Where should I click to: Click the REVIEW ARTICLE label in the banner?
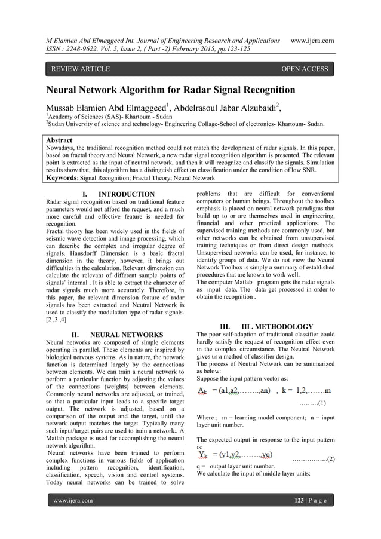[x=81, y=69]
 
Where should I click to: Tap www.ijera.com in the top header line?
[x=311, y=40]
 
